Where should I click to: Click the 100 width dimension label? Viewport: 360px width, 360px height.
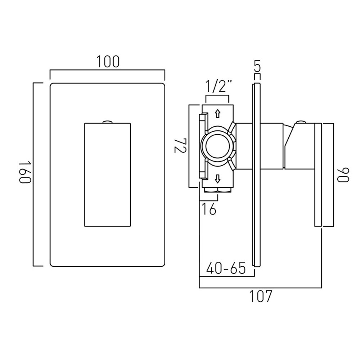click(x=107, y=62)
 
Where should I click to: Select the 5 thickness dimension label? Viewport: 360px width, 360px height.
click(x=257, y=66)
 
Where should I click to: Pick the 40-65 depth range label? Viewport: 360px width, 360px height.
click(x=226, y=268)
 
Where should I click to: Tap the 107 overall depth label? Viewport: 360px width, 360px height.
click(x=260, y=296)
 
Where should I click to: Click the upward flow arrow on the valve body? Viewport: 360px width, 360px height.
click(x=217, y=114)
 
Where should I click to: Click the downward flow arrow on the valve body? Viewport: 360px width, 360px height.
click(x=217, y=178)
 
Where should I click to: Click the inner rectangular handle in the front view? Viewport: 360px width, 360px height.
click(x=107, y=175)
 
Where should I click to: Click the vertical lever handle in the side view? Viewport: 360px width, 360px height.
click(x=318, y=175)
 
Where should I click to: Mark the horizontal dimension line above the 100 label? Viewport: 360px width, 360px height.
click(x=107, y=71)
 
